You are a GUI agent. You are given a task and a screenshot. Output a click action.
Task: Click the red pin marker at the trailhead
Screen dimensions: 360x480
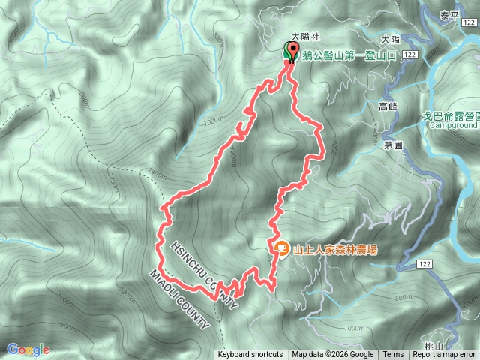point(289,53)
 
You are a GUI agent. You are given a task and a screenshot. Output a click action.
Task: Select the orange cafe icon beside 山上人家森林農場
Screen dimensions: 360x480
point(280,247)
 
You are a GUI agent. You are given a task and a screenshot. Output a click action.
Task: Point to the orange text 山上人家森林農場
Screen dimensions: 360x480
point(334,247)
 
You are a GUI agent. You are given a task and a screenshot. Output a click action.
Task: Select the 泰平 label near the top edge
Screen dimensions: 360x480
point(450,14)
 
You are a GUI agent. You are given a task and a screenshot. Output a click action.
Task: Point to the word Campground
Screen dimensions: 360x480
point(454,125)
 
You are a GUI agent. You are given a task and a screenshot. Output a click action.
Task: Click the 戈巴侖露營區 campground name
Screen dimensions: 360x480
point(453,115)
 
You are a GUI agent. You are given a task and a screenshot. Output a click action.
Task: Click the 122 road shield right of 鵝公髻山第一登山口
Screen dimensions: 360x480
point(409,55)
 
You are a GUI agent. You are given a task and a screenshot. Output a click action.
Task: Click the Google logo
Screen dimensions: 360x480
point(28,349)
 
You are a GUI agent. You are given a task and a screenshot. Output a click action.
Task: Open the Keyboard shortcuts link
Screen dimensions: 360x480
point(250,355)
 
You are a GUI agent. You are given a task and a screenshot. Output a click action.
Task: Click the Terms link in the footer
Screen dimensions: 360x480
point(393,355)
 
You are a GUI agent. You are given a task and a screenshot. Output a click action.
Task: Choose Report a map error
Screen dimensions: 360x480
point(445,355)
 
